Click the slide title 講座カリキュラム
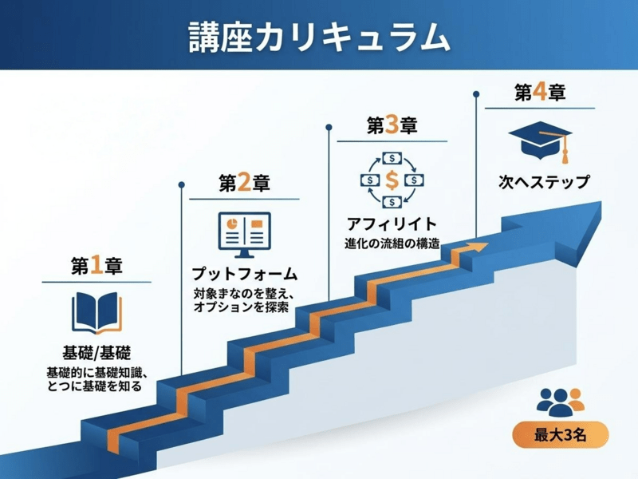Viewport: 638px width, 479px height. [319, 37]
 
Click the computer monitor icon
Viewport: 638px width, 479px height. [244, 232]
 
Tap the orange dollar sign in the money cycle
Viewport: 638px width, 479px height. [392, 180]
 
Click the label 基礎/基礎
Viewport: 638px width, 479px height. [96, 352]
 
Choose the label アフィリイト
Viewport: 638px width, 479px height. [392, 224]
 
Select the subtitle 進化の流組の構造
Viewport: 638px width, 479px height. [392, 243]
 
